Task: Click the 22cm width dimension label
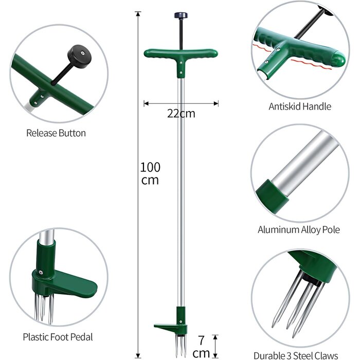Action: (181, 114)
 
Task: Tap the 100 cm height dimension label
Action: (150, 174)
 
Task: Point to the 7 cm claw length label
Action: (201, 347)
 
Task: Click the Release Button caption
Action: (56, 133)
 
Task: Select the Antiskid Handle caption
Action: (300, 106)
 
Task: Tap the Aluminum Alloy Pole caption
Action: (299, 229)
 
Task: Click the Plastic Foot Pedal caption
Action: (58, 337)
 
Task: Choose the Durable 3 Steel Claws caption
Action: (296, 355)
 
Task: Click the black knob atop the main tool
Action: (181, 15)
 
